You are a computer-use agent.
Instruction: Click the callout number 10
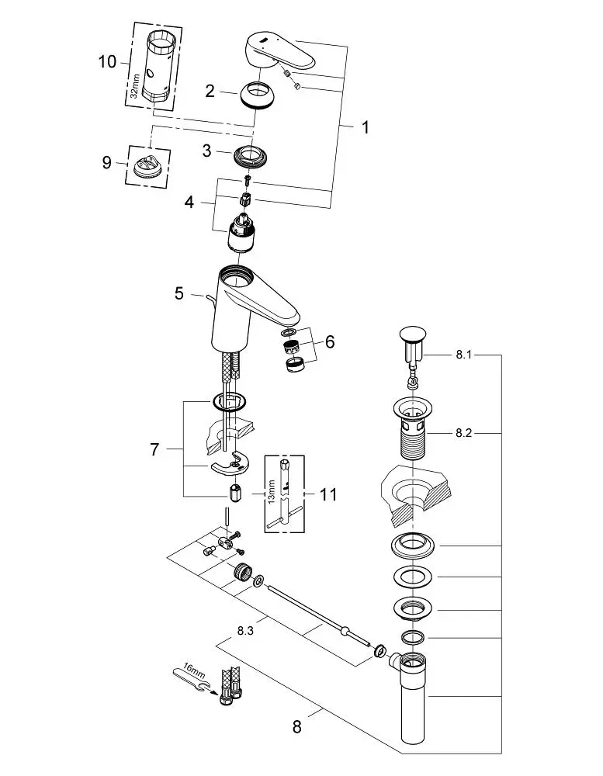click(107, 62)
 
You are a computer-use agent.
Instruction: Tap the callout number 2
click(210, 91)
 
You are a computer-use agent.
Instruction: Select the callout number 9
click(106, 162)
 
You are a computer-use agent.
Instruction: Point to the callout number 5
click(178, 293)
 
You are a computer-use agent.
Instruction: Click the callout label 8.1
click(464, 355)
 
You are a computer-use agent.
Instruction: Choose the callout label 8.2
click(464, 433)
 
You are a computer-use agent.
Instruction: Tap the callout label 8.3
click(245, 631)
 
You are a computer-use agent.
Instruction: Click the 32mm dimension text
click(134, 87)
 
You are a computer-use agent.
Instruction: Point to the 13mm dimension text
click(270, 491)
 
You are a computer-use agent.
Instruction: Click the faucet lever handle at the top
click(280, 53)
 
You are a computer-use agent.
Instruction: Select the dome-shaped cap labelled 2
click(256, 93)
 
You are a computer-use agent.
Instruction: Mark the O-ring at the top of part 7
click(229, 401)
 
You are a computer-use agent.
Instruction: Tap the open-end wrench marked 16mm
click(191, 680)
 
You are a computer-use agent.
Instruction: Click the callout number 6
click(329, 341)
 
